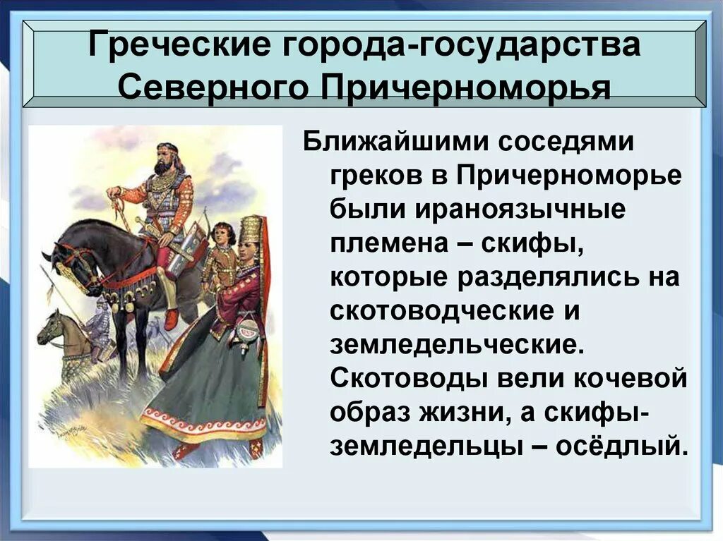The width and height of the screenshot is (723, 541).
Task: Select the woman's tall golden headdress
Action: click(x=251, y=230)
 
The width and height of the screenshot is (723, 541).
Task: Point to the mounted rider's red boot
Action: click(x=172, y=319)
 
